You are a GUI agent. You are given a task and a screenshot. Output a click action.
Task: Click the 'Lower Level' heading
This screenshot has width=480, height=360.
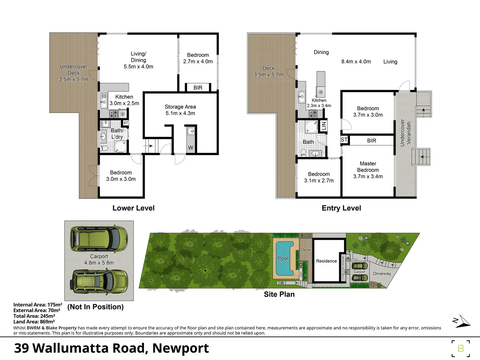click(133, 208)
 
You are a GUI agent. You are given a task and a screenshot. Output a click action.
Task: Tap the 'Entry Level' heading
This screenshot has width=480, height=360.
click(341, 208)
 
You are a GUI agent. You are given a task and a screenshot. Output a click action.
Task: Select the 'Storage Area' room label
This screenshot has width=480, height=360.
click(180, 107)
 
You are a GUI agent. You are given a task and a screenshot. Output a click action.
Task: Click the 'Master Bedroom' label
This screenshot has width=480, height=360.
click(368, 167)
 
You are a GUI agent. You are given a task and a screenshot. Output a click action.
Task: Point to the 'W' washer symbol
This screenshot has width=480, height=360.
click(191, 148)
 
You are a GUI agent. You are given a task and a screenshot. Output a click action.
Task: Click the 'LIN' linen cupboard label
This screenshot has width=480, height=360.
click(324, 126)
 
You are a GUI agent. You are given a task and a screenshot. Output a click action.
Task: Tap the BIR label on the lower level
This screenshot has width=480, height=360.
click(198, 88)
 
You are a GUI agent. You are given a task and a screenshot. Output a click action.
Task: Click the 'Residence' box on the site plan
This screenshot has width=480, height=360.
click(326, 261)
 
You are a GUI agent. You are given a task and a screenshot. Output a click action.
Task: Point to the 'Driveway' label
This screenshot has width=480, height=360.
click(382, 274)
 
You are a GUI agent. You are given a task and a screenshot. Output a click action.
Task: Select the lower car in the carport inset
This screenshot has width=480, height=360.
click(99, 280)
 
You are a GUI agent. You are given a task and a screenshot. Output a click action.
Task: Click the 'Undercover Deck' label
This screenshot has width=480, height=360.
click(74, 70)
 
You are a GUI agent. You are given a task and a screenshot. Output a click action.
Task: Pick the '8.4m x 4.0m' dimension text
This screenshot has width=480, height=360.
click(356, 62)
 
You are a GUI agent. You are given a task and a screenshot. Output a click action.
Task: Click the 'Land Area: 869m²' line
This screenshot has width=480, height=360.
click(34, 322)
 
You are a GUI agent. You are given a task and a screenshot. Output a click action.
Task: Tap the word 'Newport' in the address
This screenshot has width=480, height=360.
click(180, 348)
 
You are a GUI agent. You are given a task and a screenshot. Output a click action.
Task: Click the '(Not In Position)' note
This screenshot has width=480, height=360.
click(95, 307)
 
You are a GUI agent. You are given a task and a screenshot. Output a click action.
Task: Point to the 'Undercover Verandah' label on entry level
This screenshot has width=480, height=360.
click(405, 133)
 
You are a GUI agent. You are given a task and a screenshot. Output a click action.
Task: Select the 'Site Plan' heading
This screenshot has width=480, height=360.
click(279, 294)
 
